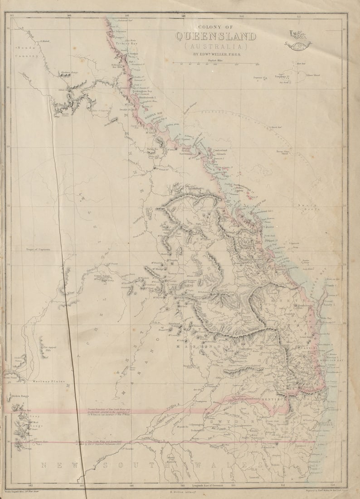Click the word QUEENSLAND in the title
coord(216,37)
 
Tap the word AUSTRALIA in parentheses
coord(215,47)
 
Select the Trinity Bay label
coord(126,44)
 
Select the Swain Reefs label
coord(308,206)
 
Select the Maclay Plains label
coord(49,382)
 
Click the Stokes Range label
coord(20,396)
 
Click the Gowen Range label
coord(102,275)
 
